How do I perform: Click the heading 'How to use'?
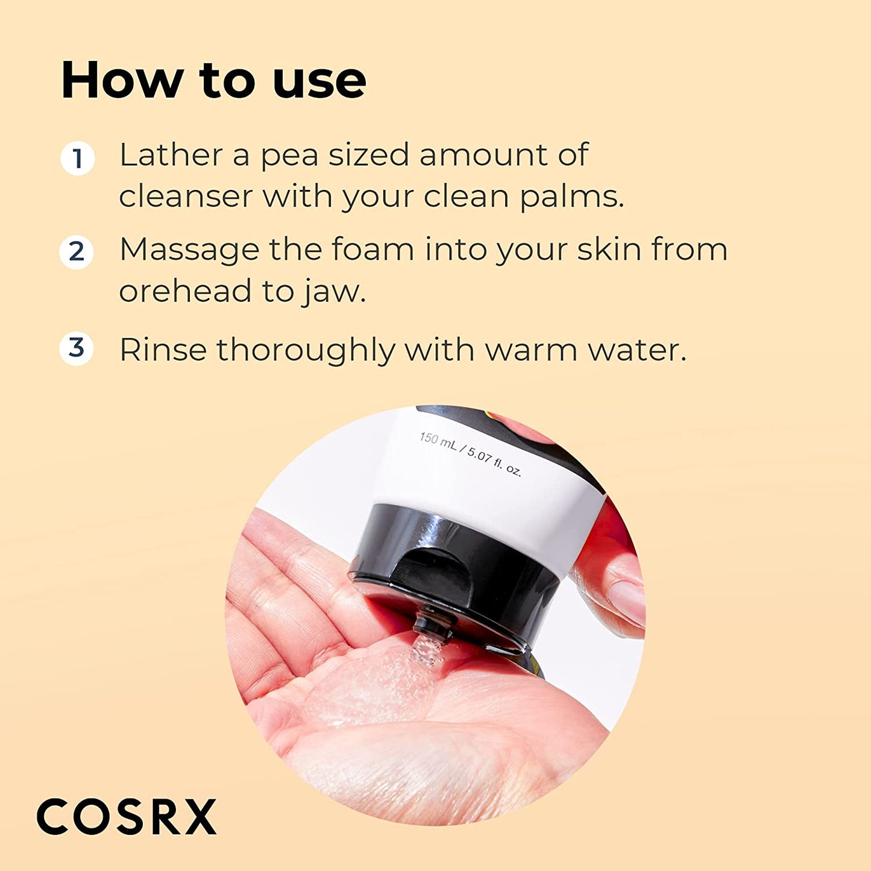point(213,80)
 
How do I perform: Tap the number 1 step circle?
point(77,159)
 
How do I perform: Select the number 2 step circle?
point(77,251)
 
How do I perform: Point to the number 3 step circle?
point(77,348)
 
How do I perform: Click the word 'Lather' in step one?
point(171,155)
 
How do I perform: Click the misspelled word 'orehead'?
point(185,291)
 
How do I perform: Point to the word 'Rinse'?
point(163,350)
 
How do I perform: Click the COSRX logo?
point(127,817)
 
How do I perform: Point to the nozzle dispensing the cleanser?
point(432,624)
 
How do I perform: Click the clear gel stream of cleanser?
point(425,651)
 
